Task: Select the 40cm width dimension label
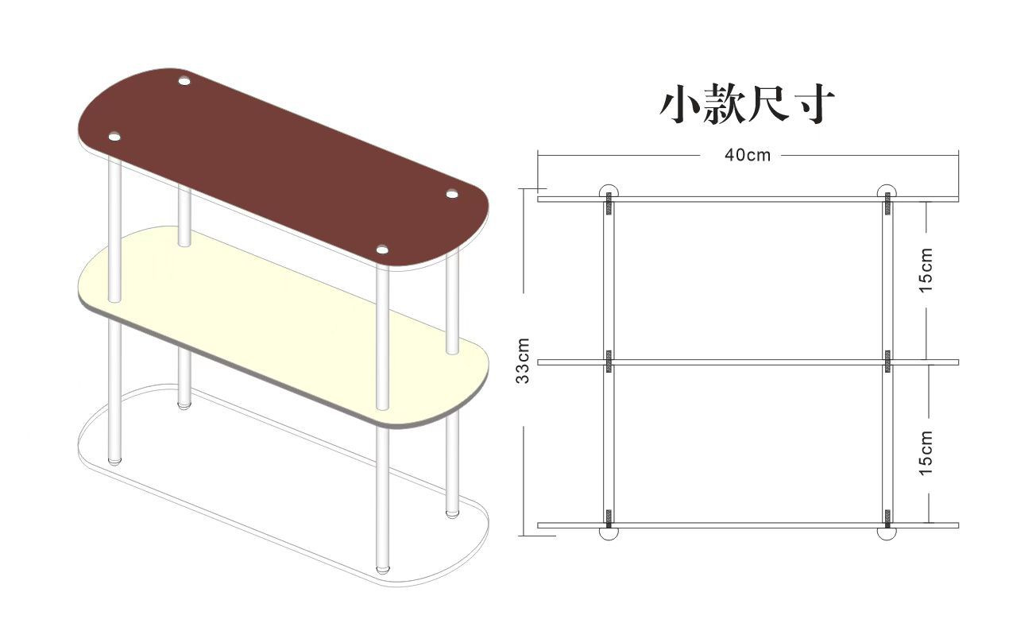coord(747,155)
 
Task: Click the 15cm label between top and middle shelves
coord(926,269)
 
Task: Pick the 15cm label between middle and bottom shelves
coord(926,453)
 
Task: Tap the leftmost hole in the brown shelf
coord(114,137)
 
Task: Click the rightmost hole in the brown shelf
coord(453,194)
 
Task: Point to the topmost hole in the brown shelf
coord(184,80)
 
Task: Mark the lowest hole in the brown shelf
coord(382,251)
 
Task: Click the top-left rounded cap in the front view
coord(609,191)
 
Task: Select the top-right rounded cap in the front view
coord(887,191)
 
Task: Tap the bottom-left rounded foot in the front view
coord(609,534)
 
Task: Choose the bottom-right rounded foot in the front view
coord(887,534)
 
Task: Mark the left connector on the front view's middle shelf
coord(609,361)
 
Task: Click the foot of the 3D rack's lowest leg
coord(383,570)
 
